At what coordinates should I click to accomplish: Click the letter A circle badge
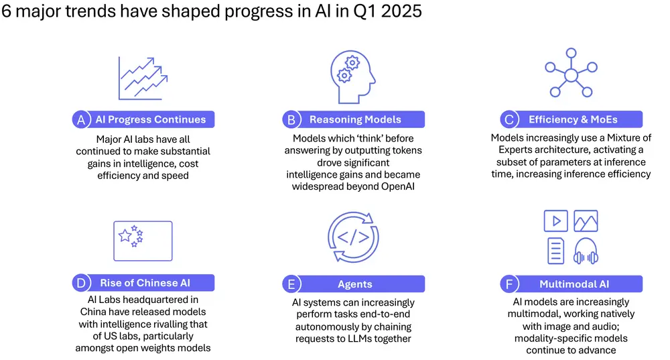click(81, 120)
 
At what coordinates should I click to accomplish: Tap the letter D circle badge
click(81, 283)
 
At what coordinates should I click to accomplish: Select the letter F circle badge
click(509, 284)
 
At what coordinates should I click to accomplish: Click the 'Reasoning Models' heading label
click(355, 120)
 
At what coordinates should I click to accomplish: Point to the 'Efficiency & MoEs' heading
click(573, 120)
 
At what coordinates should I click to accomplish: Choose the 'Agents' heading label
click(354, 284)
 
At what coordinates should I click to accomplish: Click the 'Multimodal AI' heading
click(574, 284)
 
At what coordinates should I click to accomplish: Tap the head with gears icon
click(353, 77)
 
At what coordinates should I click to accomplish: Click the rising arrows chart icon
click(143, 78)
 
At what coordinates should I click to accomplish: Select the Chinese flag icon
click(143, 241)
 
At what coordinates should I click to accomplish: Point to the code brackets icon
click(353, 237)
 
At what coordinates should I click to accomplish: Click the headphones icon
click(586, 251)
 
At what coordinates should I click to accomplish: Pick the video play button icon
click(556, 221)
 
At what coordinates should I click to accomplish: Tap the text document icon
click(556, 251)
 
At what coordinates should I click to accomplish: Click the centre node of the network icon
click(571, 75)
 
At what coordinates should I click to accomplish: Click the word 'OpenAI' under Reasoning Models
click(398, 187)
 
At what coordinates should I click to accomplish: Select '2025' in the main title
click(401, 11)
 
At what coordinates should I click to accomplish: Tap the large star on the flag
click(125, 235)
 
